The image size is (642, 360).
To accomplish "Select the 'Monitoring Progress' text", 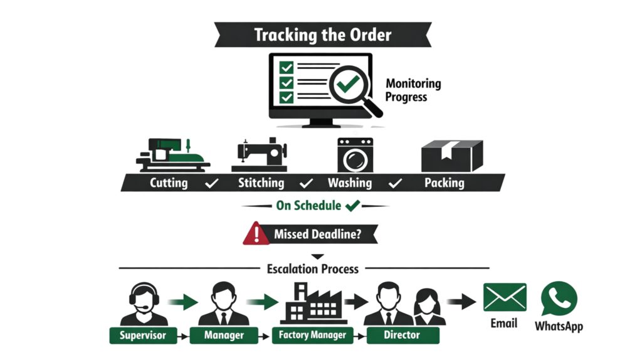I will [413, 90].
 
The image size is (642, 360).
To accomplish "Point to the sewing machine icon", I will [259, 154].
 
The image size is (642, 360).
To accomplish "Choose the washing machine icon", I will [355, 155].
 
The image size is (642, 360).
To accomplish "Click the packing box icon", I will [451, 154].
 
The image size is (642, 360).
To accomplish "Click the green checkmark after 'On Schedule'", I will [352, 205].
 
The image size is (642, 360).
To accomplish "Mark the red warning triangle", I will [256, 235].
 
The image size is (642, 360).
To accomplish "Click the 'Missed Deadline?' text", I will [317, 235].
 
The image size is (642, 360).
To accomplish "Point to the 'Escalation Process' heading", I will [313, 268].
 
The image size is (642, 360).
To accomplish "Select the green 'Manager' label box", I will [224, 335].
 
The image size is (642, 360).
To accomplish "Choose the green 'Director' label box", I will [402, 335].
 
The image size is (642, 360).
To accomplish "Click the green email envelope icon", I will [505, 297].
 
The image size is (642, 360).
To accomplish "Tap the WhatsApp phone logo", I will [559, 299].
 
